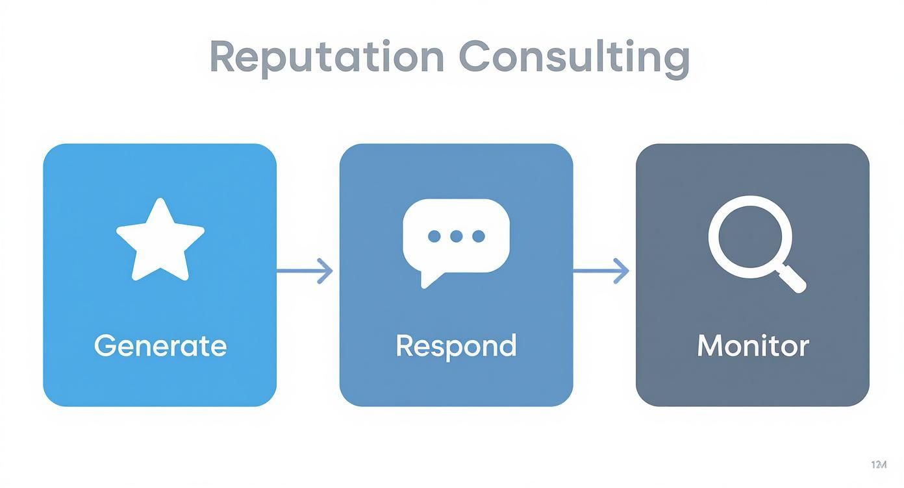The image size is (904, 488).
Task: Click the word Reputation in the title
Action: click(x=327, y=57)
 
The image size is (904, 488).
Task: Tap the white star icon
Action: click(x=160, y=240)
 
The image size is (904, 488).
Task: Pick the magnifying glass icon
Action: click(x=753, y=241)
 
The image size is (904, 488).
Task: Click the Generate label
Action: click(x=160, y=345)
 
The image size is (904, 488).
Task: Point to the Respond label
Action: click(x=456, y=345)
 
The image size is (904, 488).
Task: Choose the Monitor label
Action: click(x=753, y=345)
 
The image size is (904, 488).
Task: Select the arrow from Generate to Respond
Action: click(x=305, y=271)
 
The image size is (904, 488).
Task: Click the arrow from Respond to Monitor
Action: click(x=601, y=271)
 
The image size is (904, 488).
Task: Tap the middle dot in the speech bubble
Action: click(x=457, y=236)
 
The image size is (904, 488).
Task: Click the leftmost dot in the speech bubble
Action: click(x=434, y=236)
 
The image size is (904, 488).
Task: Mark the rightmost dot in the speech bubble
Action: click(x=479, y=236)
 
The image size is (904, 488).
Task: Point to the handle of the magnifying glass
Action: click(x=792, y=279)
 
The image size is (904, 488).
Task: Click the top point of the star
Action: click(x=160, y=203)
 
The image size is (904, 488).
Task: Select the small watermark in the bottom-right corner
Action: click(x=878, y=465)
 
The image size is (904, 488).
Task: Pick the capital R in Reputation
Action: click(x=223, y=57)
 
